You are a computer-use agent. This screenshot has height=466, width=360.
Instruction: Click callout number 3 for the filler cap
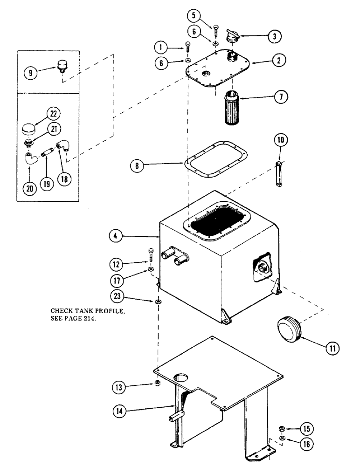tap(278, 36)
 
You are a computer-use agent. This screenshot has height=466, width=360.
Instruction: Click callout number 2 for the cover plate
tap(280, 61)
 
